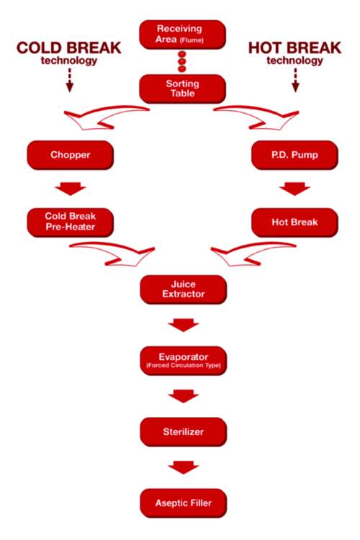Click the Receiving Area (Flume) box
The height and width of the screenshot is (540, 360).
pos(182,32)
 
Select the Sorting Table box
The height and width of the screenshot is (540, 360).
pos(182,89)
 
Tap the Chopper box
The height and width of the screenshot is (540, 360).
pos(70,155)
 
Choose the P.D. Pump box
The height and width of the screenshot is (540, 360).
pos(295,155)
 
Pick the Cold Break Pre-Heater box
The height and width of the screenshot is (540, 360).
pos(70,222)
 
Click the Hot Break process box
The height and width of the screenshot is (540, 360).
pos(295,222)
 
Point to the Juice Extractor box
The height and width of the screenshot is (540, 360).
pos(182,289)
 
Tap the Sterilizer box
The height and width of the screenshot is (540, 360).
pos(182,431)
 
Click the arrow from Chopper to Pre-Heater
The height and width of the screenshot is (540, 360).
pos(70,189)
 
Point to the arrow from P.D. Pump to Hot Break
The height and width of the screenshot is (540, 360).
pos(295,189)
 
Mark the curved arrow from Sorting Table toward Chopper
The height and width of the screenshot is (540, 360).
pos(108,117)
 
